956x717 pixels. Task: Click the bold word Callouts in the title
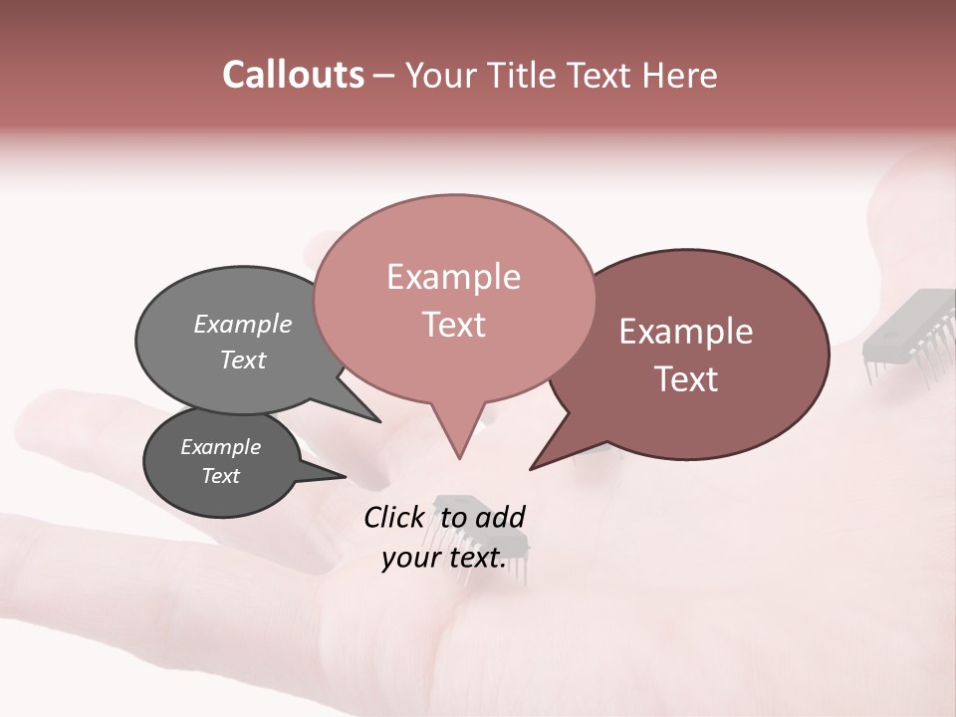tap(293, 75)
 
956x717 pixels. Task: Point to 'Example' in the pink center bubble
tap(453, 277)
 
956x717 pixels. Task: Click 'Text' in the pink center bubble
tap(453, 325)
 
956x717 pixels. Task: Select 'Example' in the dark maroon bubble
tap(686, 332)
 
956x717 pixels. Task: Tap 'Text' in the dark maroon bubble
tap(686, 379)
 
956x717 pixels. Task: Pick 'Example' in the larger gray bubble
tap(243, 325)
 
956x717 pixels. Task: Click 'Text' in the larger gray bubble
tap(243, 359)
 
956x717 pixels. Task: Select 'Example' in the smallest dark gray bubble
tap(220, 447)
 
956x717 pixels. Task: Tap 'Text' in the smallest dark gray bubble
tap(220, 476)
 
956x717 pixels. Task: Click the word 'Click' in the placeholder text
tap(395, 517)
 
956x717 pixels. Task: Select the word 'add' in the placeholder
tap(500, 517)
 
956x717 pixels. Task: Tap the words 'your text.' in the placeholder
tap(443, 558)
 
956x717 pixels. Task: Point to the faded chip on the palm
tap(478, 533)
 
